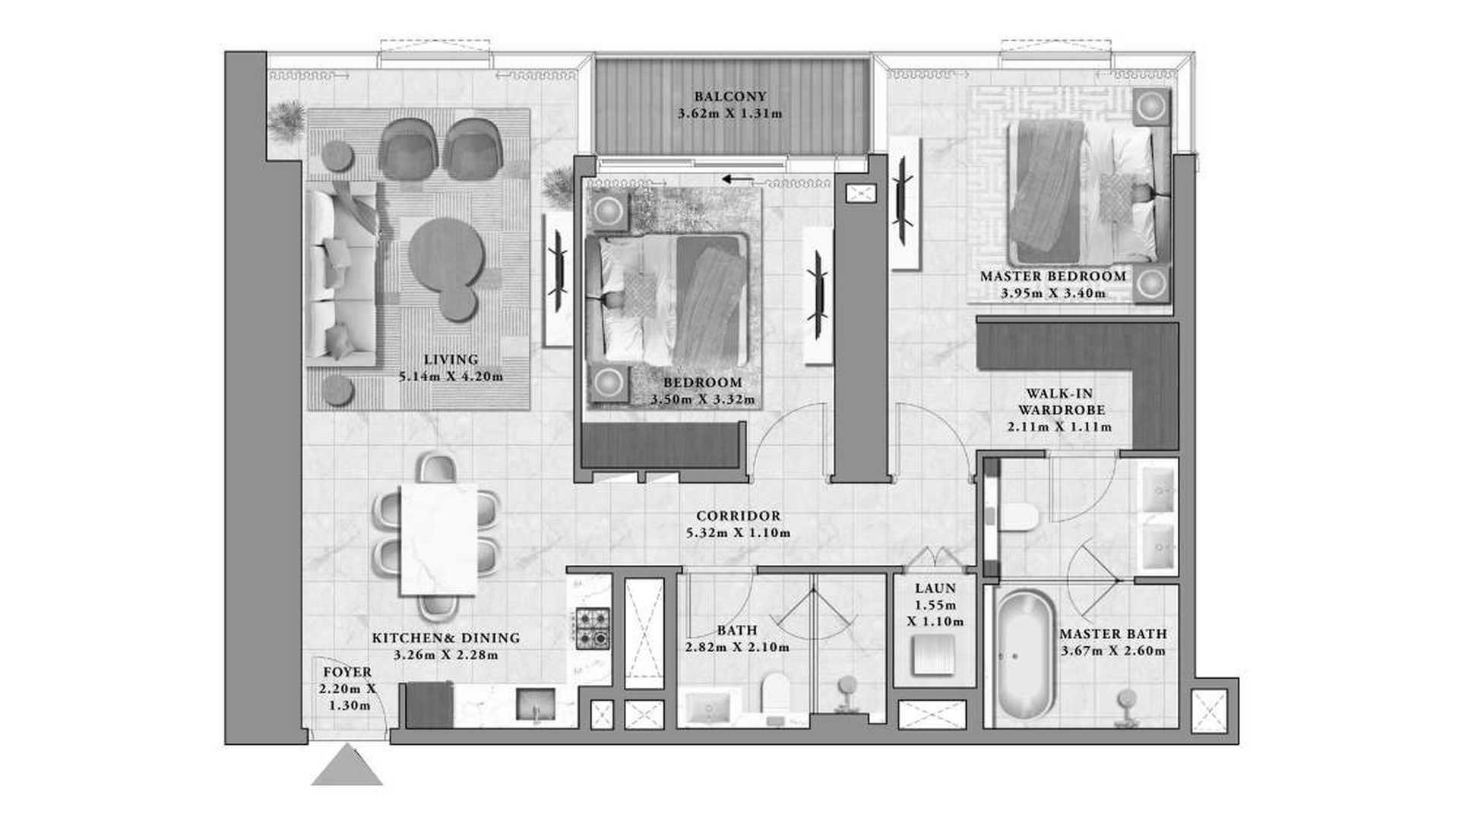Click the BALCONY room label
730,96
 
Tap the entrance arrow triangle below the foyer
347,765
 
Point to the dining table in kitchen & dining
438,539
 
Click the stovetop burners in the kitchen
593,628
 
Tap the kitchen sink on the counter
536,705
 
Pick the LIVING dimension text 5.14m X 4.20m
451,376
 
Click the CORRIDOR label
738,516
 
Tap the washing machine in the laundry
934,654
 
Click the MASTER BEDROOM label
1053,276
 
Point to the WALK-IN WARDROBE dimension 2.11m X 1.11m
1060,427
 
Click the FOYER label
347,672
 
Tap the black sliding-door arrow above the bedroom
738,179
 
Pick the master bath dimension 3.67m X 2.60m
1113,651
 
